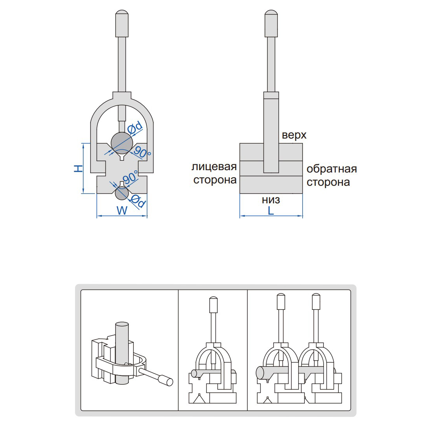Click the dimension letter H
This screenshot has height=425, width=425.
click(x=79, y=168)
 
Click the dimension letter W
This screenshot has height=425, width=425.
click(x=122, y=211)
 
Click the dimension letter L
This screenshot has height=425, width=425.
click(x=271, y=211)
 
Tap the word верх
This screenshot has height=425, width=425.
click(x=294, y=135)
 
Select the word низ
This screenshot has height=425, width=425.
click(x=271, y=200)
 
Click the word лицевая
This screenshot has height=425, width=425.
click(x=214, y=167)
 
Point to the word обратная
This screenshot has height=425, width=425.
click(x=331, y=169)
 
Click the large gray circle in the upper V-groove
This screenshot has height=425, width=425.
click(x=122, y=141)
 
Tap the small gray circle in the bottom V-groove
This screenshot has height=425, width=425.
click(x=122, y=192)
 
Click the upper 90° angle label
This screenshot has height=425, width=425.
click(x=142, y=151)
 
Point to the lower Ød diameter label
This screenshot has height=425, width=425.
click(x=139, y=201)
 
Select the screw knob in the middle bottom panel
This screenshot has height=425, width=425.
click(x=213, y=304)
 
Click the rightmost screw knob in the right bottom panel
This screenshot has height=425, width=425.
click(x=317, y=301)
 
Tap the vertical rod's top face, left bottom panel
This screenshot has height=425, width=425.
click(x=121, y=324)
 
